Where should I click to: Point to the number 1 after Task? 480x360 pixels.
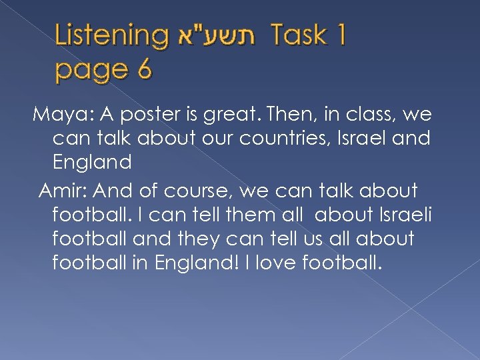(339, 35)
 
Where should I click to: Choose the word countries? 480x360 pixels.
(291, 139)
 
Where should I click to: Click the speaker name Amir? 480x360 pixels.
(63, 192)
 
